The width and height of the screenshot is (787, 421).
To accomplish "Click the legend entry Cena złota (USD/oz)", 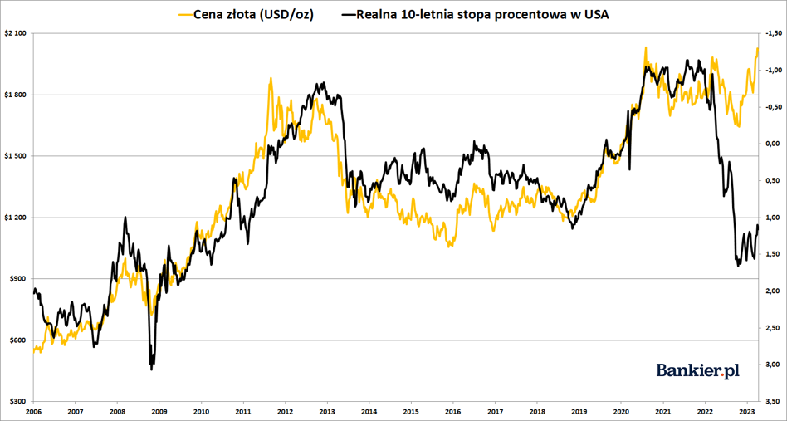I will (x=252, y=14).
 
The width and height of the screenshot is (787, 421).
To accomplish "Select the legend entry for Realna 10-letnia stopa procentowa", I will (x=481, y=14).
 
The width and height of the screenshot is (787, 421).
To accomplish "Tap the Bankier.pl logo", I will (x=697, y=370).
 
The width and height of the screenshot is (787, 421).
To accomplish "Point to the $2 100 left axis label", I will (x=16, y=33).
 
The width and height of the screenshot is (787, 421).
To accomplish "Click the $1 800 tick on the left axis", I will (x=16, y=95).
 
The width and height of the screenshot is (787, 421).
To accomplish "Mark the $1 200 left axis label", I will (x=16, y=218).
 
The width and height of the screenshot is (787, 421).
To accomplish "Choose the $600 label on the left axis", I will (x=18, y=340).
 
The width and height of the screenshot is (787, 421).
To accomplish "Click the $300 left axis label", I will (x=18, y=402).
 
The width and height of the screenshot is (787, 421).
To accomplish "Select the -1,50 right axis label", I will (x=773, y=33).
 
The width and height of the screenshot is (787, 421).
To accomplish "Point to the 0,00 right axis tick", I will (x=773, y=144).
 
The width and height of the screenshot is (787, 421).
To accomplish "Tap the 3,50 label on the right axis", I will (x=773, y=402).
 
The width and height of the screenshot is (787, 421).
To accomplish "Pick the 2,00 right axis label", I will (x=773, y=291).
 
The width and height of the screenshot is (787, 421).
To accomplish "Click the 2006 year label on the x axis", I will (x=33, y=411).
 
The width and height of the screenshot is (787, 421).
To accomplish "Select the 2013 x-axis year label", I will (x=326, y=411).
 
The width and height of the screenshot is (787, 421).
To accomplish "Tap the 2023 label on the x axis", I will (x=745, y=411).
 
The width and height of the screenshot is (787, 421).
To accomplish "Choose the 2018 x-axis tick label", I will (x=536, y=411).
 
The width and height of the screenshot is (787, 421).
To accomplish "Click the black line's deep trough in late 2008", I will (x=151, y=368).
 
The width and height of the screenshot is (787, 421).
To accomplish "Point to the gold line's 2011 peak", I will (x=271, y=79).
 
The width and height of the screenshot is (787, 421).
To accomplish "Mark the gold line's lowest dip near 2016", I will (x=450, y=246).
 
